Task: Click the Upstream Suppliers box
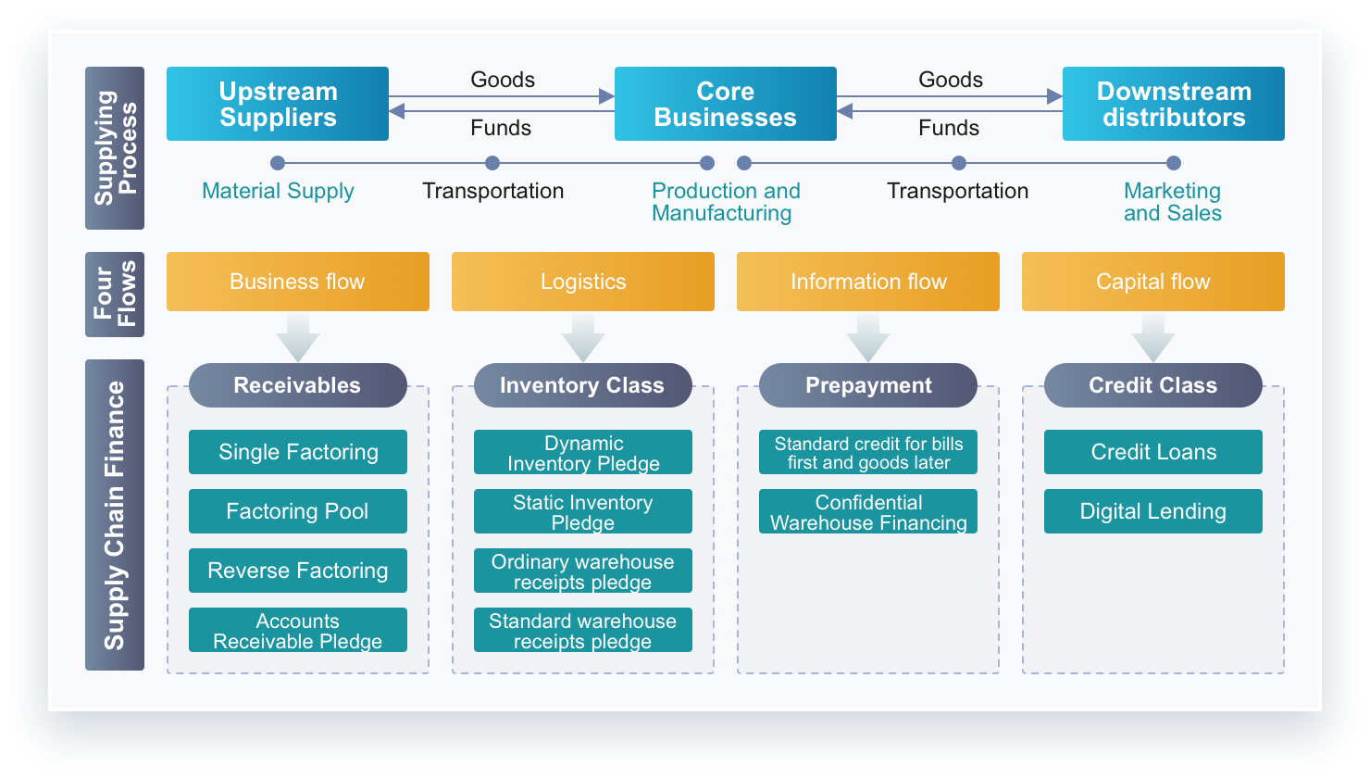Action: tap(277, 104)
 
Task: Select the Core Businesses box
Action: tap(726, 104)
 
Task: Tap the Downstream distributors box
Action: tap(1173, 104)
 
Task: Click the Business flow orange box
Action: tap(298, 282)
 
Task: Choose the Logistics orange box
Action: tap(583, 282)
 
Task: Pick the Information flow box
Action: tap(868, 282)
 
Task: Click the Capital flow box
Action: tap(1152, 282)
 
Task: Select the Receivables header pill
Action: tap(298, 385)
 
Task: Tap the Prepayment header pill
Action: tap(868, 385)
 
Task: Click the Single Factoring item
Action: tap(298, 452)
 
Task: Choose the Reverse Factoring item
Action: tap(298, 571)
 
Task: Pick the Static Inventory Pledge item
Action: tap(583, 511)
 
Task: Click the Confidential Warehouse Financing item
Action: tap(868, 511)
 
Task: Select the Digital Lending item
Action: tap(1152, 511)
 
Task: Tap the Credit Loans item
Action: tap(1152, 452)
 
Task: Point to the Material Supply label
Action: tap(278, 191)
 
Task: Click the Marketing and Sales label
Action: tap(1173, 202)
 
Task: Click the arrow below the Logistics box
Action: tap(583, 338)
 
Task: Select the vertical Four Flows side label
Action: tap(115, 295)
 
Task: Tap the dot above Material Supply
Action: tap(278, 163)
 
